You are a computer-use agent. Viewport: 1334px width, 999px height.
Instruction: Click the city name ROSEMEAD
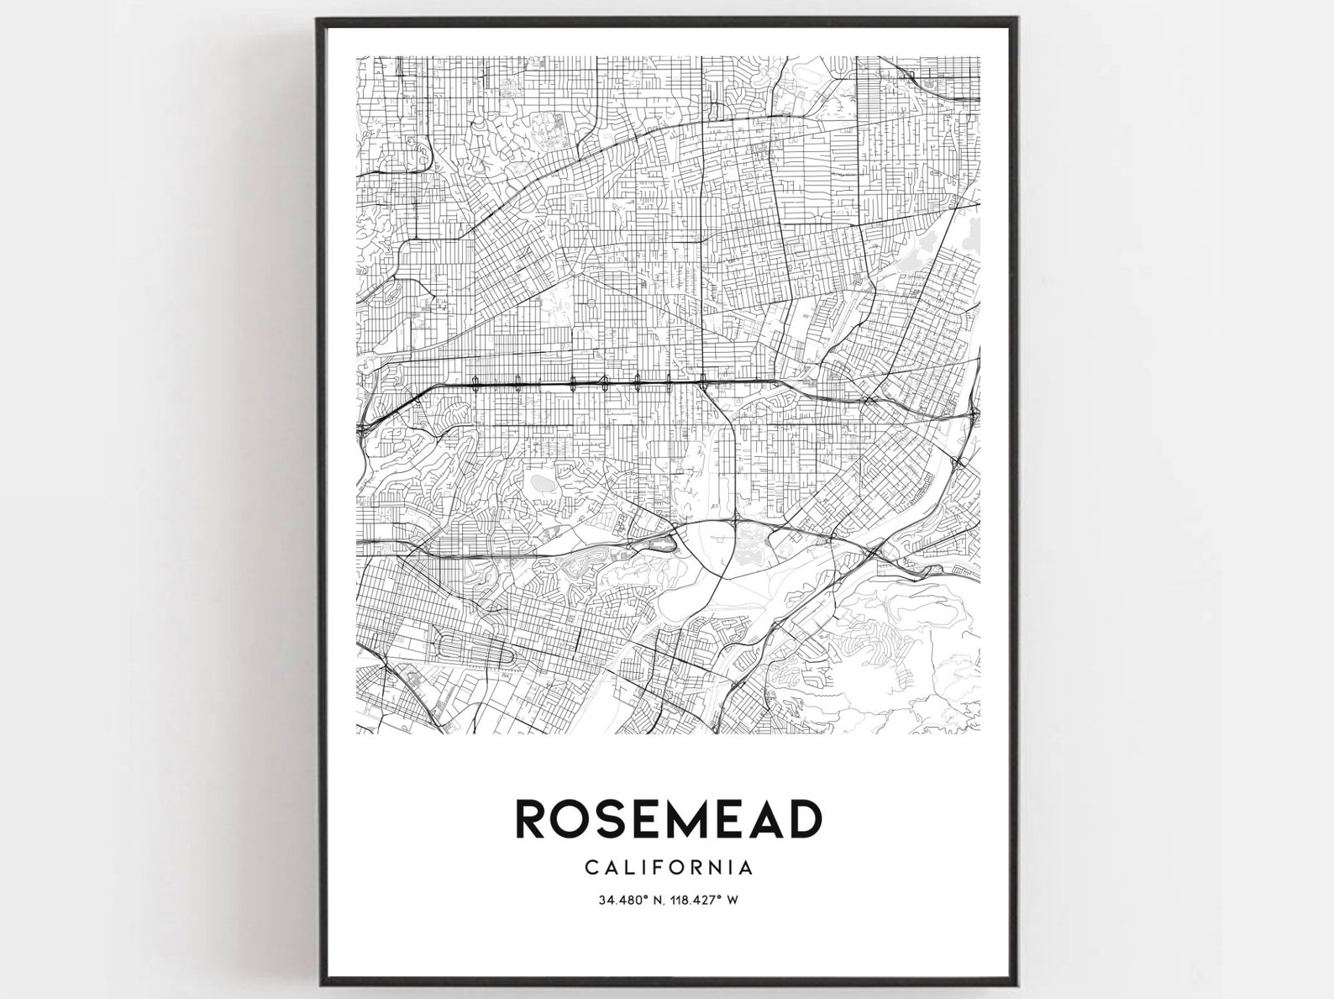pos(668,819)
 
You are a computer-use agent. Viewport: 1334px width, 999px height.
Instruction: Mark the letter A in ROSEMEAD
pos(764,819)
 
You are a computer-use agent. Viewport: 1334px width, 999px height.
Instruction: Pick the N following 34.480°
pos(658,900)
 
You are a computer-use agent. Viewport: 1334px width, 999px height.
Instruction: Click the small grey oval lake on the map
pos(538,485)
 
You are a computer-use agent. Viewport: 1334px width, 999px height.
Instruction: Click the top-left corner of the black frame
pos(318,19)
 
